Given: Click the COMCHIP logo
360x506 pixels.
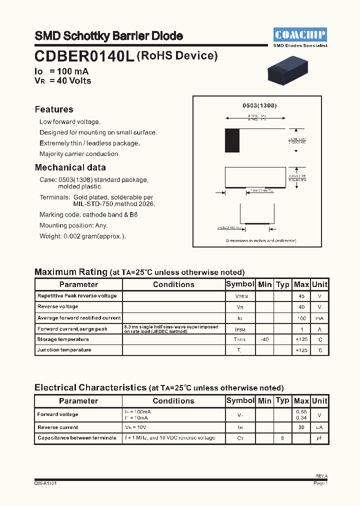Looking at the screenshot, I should (300, 34).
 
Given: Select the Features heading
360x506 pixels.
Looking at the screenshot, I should (54, 109).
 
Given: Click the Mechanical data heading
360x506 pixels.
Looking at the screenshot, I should (70, 167).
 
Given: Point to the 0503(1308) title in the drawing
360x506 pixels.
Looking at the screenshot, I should (259, 105).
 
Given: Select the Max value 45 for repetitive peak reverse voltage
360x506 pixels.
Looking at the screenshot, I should (301, 296).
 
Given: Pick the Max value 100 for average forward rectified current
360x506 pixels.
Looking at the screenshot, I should (301, 318).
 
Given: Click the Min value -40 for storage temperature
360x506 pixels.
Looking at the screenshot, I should (264, 339).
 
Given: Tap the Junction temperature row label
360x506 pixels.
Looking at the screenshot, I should (64, 350).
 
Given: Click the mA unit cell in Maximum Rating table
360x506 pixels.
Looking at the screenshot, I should (319, 318).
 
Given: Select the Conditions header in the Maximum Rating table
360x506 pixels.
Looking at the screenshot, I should (173, 284).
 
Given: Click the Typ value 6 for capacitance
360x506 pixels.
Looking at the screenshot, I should (282, 438).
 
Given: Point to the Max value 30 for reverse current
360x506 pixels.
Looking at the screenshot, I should (301, 427).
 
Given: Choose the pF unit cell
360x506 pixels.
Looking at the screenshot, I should (319, 438).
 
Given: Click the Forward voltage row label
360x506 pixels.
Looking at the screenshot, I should (58, 414).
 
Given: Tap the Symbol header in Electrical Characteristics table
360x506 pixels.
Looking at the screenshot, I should (240, 400).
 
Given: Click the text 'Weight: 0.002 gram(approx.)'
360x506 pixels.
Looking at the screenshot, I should (82, 236).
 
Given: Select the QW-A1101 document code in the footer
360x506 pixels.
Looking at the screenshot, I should (45, 483).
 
